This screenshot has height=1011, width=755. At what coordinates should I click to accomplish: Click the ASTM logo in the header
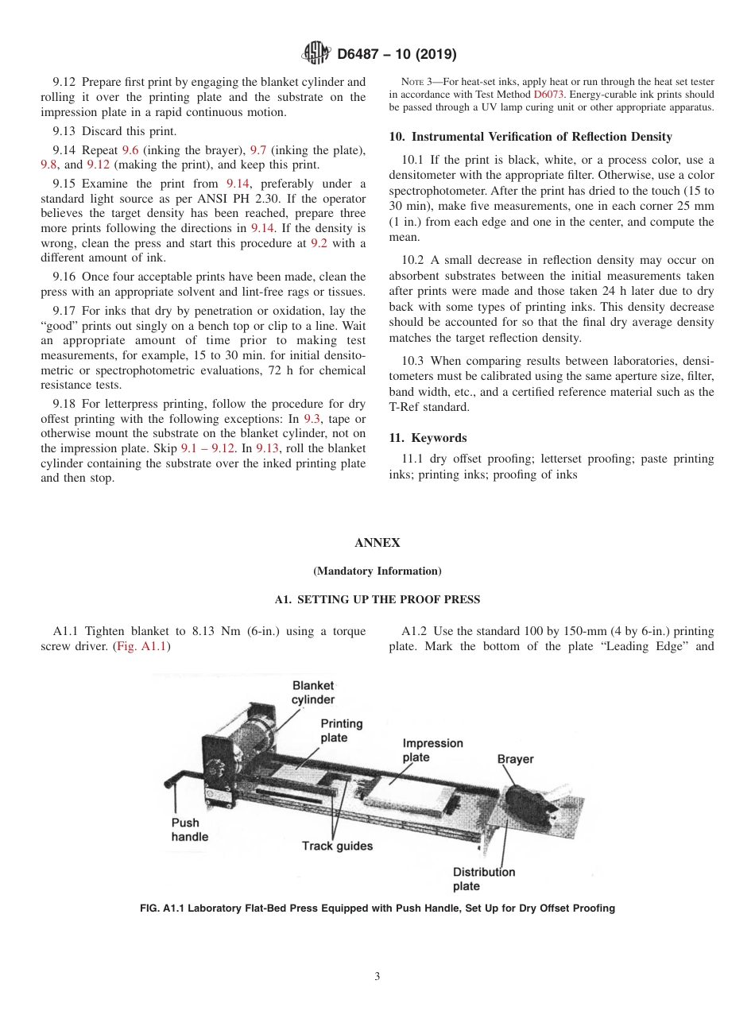pos(316,54)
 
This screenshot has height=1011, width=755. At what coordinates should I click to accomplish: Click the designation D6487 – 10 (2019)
pos(397,55)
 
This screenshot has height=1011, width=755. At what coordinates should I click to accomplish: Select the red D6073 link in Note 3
pos(548,95)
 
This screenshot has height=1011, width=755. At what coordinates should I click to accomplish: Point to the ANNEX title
pos(377,543)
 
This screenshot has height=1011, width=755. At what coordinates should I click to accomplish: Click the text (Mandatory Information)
pos(377,571)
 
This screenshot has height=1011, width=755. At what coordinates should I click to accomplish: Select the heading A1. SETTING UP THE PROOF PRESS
pos(377,599)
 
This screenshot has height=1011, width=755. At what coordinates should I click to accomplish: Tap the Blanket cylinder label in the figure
pos(313,692)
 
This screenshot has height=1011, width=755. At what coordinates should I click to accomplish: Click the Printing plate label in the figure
pos(341,730)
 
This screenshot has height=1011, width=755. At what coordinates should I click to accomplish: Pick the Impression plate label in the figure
pos(432,750)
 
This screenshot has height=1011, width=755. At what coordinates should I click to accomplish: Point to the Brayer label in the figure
pos(515,759)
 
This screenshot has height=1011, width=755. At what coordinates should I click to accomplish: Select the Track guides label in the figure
pos(337,846)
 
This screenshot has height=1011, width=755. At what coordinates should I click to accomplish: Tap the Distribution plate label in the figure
pos(483,878)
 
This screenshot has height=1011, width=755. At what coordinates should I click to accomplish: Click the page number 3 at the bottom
pos(377,976)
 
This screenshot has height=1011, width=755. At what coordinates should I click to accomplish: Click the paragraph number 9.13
pos(64,131)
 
